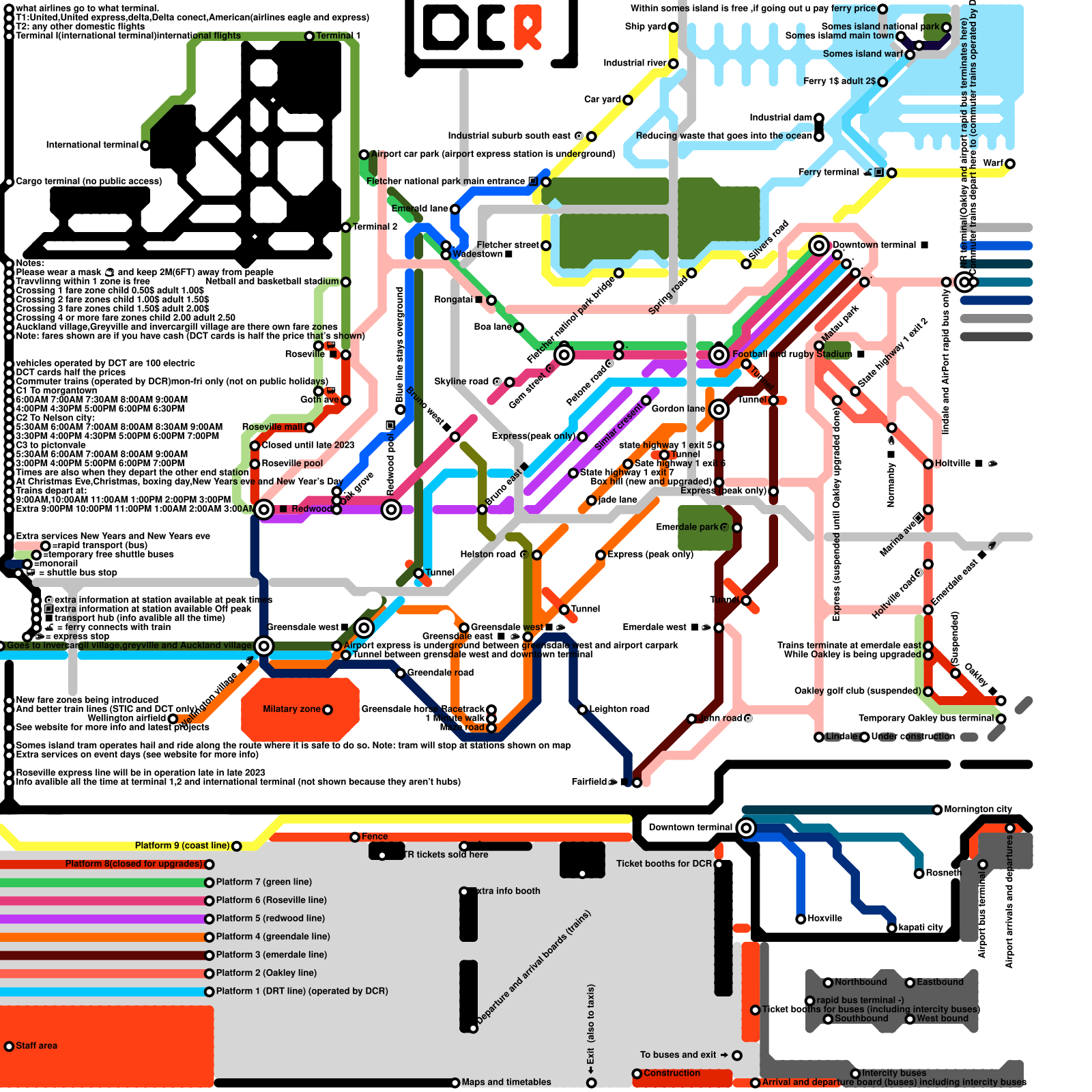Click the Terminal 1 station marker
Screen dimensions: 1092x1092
pos(309,36)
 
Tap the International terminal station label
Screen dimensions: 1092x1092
pos(91,145)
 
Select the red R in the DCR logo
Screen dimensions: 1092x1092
pos(528,27)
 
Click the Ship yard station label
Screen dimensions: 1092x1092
pos(645,27)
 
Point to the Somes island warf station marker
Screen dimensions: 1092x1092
pos(910,55)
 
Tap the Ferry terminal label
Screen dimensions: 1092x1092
pos(829,172)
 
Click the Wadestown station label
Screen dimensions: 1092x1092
pos(477,254)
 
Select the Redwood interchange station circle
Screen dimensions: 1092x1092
pos(264,509)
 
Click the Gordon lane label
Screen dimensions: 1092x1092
pos(678,409)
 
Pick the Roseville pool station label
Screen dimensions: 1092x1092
pos(292,463)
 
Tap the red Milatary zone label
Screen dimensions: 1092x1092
pos(291,709)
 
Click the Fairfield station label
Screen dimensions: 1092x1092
pos(588,781)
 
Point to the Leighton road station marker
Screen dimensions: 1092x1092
pos(582,710)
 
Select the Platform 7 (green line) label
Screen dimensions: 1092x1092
pos(263,882)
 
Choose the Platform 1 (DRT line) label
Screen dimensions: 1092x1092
pos(302,991)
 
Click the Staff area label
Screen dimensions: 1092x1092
pos(36,1046)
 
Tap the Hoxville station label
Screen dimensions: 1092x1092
pos(824,919)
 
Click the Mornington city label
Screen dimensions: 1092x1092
pos(977,809)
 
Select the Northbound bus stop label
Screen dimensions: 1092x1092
pos(860,982)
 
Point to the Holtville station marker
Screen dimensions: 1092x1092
pos(928,464)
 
